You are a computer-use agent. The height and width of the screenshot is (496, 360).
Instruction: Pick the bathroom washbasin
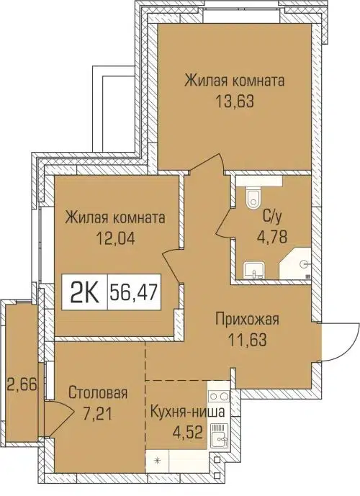pyautogui.click(x=253, y=269)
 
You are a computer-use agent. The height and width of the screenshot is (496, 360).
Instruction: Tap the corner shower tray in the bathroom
pyautogui.click(x=300, y=264)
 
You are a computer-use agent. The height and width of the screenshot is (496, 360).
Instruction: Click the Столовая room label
pyautogui.click(x=99, y=393)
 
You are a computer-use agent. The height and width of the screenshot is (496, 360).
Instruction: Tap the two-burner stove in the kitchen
pyautogui.click(x=218, y=397)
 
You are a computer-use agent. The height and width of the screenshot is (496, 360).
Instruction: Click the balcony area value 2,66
pyautogui.click(x=17, y=382)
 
